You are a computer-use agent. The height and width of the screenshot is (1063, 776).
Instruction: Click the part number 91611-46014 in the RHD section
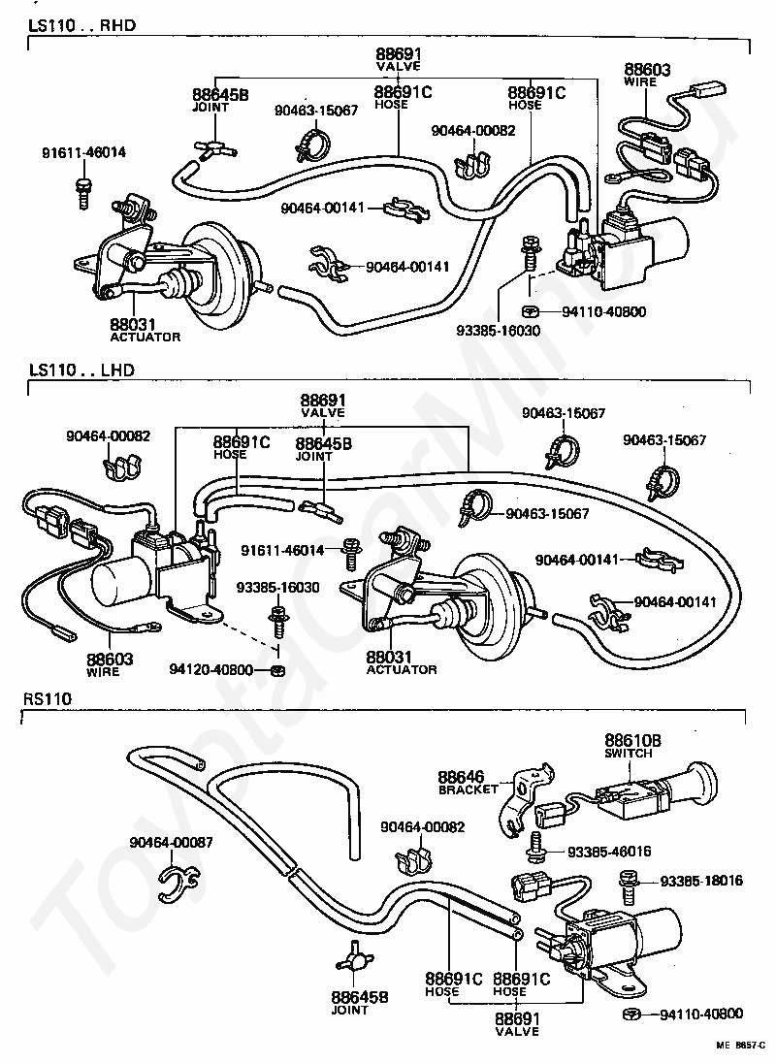click(83, 153)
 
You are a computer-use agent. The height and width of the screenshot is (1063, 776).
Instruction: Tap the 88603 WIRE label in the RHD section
click(647, 75)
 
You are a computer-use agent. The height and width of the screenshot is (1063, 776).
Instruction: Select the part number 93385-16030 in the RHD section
click(499, 330)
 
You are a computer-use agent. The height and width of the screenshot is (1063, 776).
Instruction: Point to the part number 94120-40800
click(210, 670)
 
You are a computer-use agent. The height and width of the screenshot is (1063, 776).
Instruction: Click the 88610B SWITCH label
click(631, 746)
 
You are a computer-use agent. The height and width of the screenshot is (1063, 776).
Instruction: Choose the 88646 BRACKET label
click(468, 782)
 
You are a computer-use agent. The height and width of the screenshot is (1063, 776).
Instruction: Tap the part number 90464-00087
click(171, 842)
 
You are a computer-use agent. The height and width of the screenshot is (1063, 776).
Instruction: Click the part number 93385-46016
click(608, 851)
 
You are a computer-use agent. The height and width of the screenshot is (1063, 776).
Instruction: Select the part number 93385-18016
click(700, 881)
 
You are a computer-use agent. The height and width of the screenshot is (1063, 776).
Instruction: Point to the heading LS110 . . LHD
click(82, 370)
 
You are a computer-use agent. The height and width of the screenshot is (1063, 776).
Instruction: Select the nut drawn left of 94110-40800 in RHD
click(531, 312)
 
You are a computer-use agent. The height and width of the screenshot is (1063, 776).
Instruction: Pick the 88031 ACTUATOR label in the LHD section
click(402, 662)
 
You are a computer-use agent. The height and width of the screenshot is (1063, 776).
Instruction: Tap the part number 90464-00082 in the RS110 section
click(423, 827)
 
